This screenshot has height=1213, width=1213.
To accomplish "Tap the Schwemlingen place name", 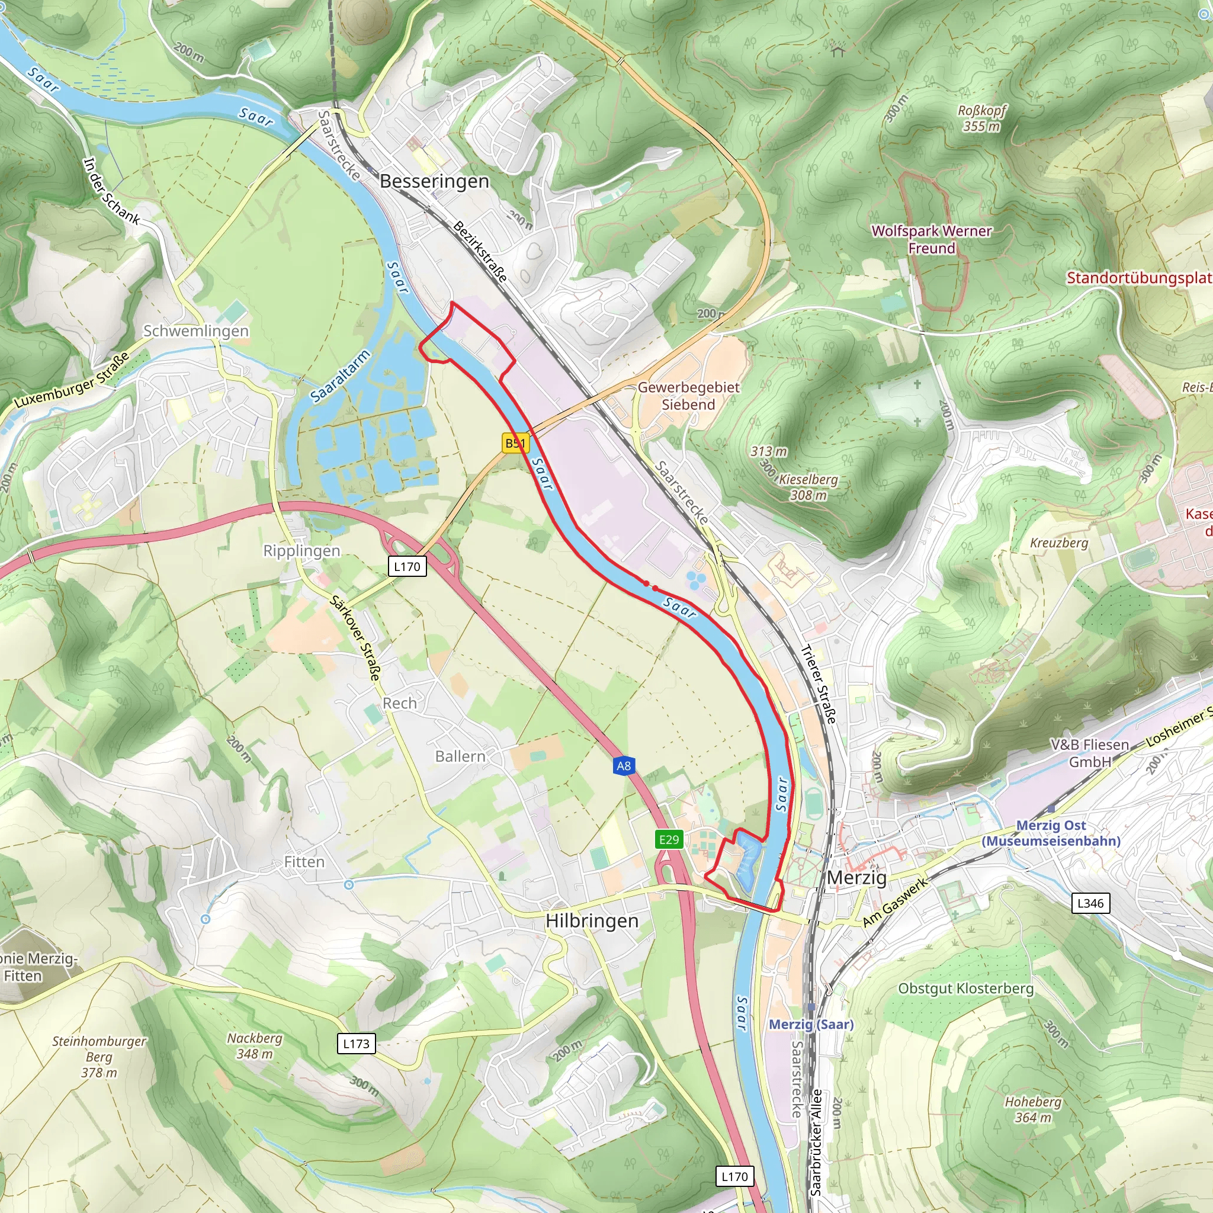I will [196, 331].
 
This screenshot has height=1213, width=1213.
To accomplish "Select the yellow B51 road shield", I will [515, 443].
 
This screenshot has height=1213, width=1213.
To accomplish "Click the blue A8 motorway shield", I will [624, 766].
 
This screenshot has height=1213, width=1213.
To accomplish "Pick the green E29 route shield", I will [669, 839].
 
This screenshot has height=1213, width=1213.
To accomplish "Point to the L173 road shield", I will [356, 1044].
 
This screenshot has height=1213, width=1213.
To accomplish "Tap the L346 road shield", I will [1090, 903].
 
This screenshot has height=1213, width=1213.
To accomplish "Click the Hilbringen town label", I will [592, 921].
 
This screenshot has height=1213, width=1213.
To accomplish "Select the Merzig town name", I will [856, 878].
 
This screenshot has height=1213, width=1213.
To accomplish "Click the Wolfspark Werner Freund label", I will [932, 239].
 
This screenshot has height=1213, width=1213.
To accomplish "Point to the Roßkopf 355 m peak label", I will [981, 118].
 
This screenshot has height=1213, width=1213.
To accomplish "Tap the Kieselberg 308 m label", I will [808, 487].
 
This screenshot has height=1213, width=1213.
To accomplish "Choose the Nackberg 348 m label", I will [254, 1046].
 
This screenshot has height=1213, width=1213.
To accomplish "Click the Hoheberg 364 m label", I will [1033, 1109].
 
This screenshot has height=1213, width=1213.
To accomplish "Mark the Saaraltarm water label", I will [341, 377].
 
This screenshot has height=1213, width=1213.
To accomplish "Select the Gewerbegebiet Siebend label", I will [688, 396].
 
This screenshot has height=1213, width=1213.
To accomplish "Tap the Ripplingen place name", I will [301, 551].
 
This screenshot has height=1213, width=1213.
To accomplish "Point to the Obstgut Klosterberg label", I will [965, 989].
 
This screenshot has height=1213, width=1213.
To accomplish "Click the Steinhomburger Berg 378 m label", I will [98, 1057].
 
